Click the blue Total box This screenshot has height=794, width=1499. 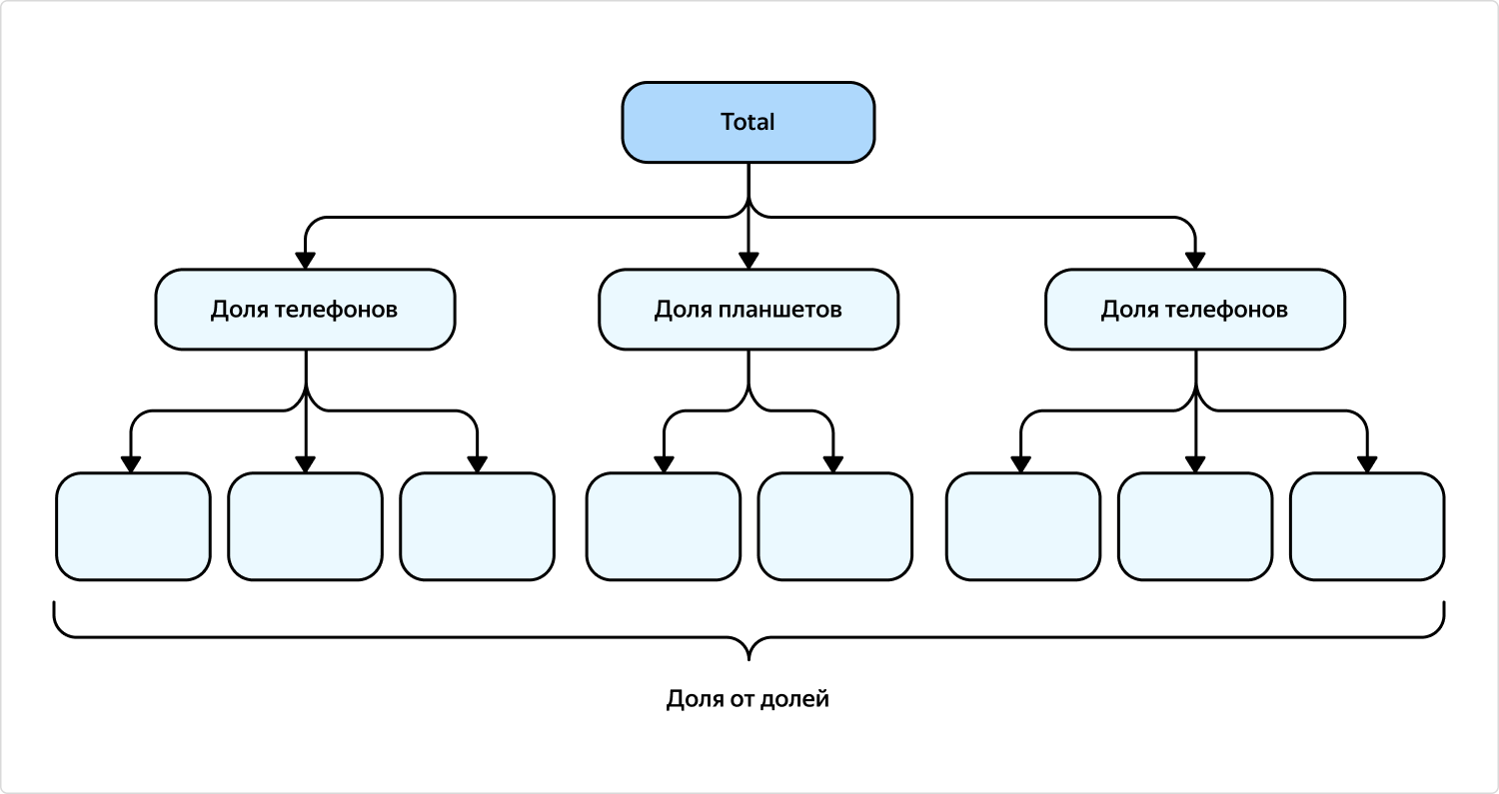pos(748,122)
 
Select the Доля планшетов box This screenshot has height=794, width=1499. pos(748,310)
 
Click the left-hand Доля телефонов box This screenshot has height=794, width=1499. pos(305,310)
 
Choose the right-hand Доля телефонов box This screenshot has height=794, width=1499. pos(1194,310)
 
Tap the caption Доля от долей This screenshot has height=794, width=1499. pos(748,699)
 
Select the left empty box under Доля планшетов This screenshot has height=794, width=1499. pos(663,526)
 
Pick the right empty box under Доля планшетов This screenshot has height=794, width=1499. pos(834,526)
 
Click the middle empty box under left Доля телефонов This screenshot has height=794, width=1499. pos(305,526)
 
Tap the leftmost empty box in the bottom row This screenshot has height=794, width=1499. pos(133,526)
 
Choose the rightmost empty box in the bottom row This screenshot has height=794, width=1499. pos(1366,526)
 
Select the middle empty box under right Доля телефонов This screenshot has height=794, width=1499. pos(1194,526)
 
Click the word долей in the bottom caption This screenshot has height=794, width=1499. pos(795,699)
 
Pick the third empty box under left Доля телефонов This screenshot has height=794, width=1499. pos(477,526)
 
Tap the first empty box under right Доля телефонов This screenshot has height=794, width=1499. pos(1022,526)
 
